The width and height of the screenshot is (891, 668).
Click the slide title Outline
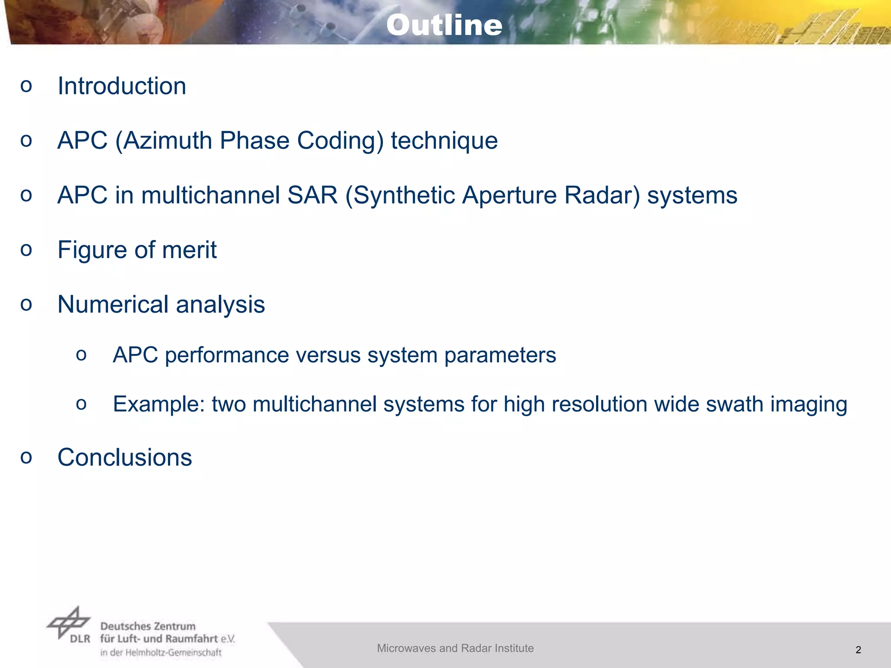coord(444,25)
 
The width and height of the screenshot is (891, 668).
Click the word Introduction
coord(122,86)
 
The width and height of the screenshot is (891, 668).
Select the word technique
coord(444,141)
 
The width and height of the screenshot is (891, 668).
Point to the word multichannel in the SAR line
coord(211,195)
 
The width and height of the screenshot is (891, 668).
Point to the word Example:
coord(159,404)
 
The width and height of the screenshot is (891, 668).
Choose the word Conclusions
coord(124,458)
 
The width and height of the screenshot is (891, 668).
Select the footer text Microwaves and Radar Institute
coord(455,648)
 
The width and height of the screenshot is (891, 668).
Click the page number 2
coord(858,650)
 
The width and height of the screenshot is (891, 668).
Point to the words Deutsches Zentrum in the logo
coord(148,626)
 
